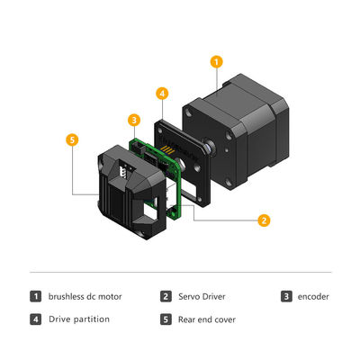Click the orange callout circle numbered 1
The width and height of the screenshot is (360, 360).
215,62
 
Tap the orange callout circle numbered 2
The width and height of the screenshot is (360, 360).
264,220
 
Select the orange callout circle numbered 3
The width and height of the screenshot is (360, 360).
133,120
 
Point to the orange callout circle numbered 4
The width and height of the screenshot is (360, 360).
162,93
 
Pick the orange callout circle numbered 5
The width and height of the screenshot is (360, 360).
72,139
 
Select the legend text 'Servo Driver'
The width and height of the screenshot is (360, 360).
200,295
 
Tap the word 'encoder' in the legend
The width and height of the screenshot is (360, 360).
312,295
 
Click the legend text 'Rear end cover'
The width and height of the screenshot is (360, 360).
205,319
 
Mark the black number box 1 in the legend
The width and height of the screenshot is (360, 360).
36,295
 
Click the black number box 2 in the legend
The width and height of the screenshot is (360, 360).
166,295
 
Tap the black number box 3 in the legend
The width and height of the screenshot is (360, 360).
286,295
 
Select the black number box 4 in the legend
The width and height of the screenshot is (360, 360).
36,319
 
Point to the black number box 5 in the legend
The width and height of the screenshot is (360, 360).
166,319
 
